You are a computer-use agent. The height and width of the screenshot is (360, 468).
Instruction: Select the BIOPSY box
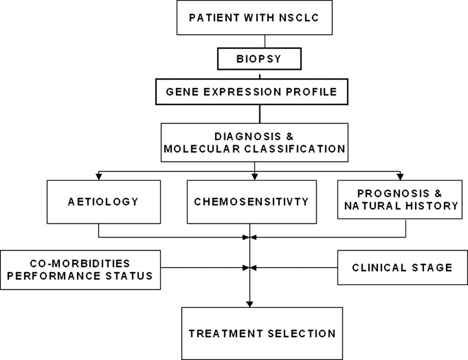(x=260, y=59)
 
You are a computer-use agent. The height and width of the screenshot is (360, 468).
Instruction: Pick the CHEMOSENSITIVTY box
(x=251, y=201)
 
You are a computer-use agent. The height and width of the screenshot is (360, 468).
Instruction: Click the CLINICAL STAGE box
(x=402, y=267)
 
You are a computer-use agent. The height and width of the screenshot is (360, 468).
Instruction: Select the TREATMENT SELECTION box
(x=262, y=333)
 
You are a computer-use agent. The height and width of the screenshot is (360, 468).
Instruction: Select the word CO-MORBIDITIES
(x=80, y=264)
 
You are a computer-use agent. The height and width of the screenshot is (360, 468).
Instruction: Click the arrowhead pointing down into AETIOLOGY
(x=99, y=177)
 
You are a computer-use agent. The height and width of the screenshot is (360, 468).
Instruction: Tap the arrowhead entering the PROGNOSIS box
(x=400, y=177)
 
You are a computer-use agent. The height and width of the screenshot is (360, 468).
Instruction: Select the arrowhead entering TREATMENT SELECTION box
(x=250, y=303)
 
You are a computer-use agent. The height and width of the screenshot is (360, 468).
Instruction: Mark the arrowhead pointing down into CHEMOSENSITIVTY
(x=255, y=177)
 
